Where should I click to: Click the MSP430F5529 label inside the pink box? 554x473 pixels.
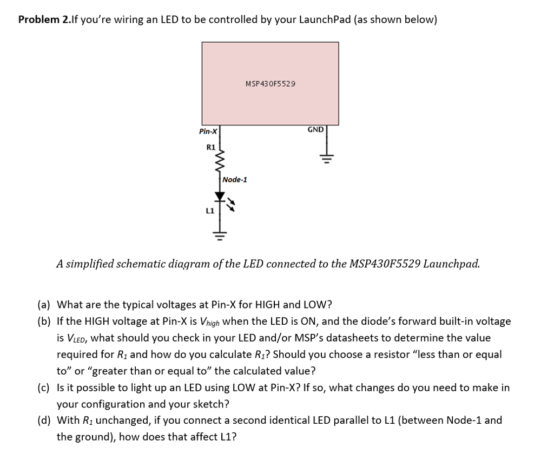coord(271,84)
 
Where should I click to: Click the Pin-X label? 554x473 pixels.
coord(208,132)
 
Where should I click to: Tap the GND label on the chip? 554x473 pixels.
coord(315,130)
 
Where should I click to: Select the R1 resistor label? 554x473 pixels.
coord(211,147)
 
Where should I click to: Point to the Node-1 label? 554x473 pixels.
coord(235,180)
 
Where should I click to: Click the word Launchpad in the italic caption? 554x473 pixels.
coord(451,264)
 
